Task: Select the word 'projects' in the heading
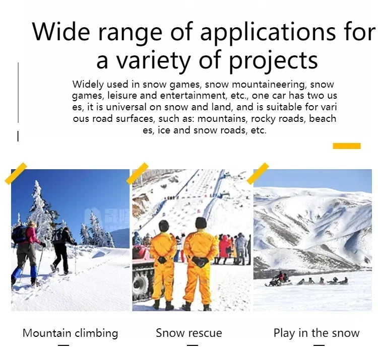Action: point(273,61)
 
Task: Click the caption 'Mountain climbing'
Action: point(70,333)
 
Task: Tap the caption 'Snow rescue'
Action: point(189,333)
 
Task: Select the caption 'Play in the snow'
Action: point(317,333)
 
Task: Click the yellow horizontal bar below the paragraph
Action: point(347,146)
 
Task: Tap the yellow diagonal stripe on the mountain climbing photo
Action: point(16,174)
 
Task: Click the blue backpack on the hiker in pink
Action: point(18,234)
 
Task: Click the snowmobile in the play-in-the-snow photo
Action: point(278,280)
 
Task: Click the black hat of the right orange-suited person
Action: point(201,223)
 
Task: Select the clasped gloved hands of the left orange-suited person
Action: point(162,260)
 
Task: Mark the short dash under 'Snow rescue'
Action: point(193,345)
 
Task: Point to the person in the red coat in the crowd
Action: point(224,247)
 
